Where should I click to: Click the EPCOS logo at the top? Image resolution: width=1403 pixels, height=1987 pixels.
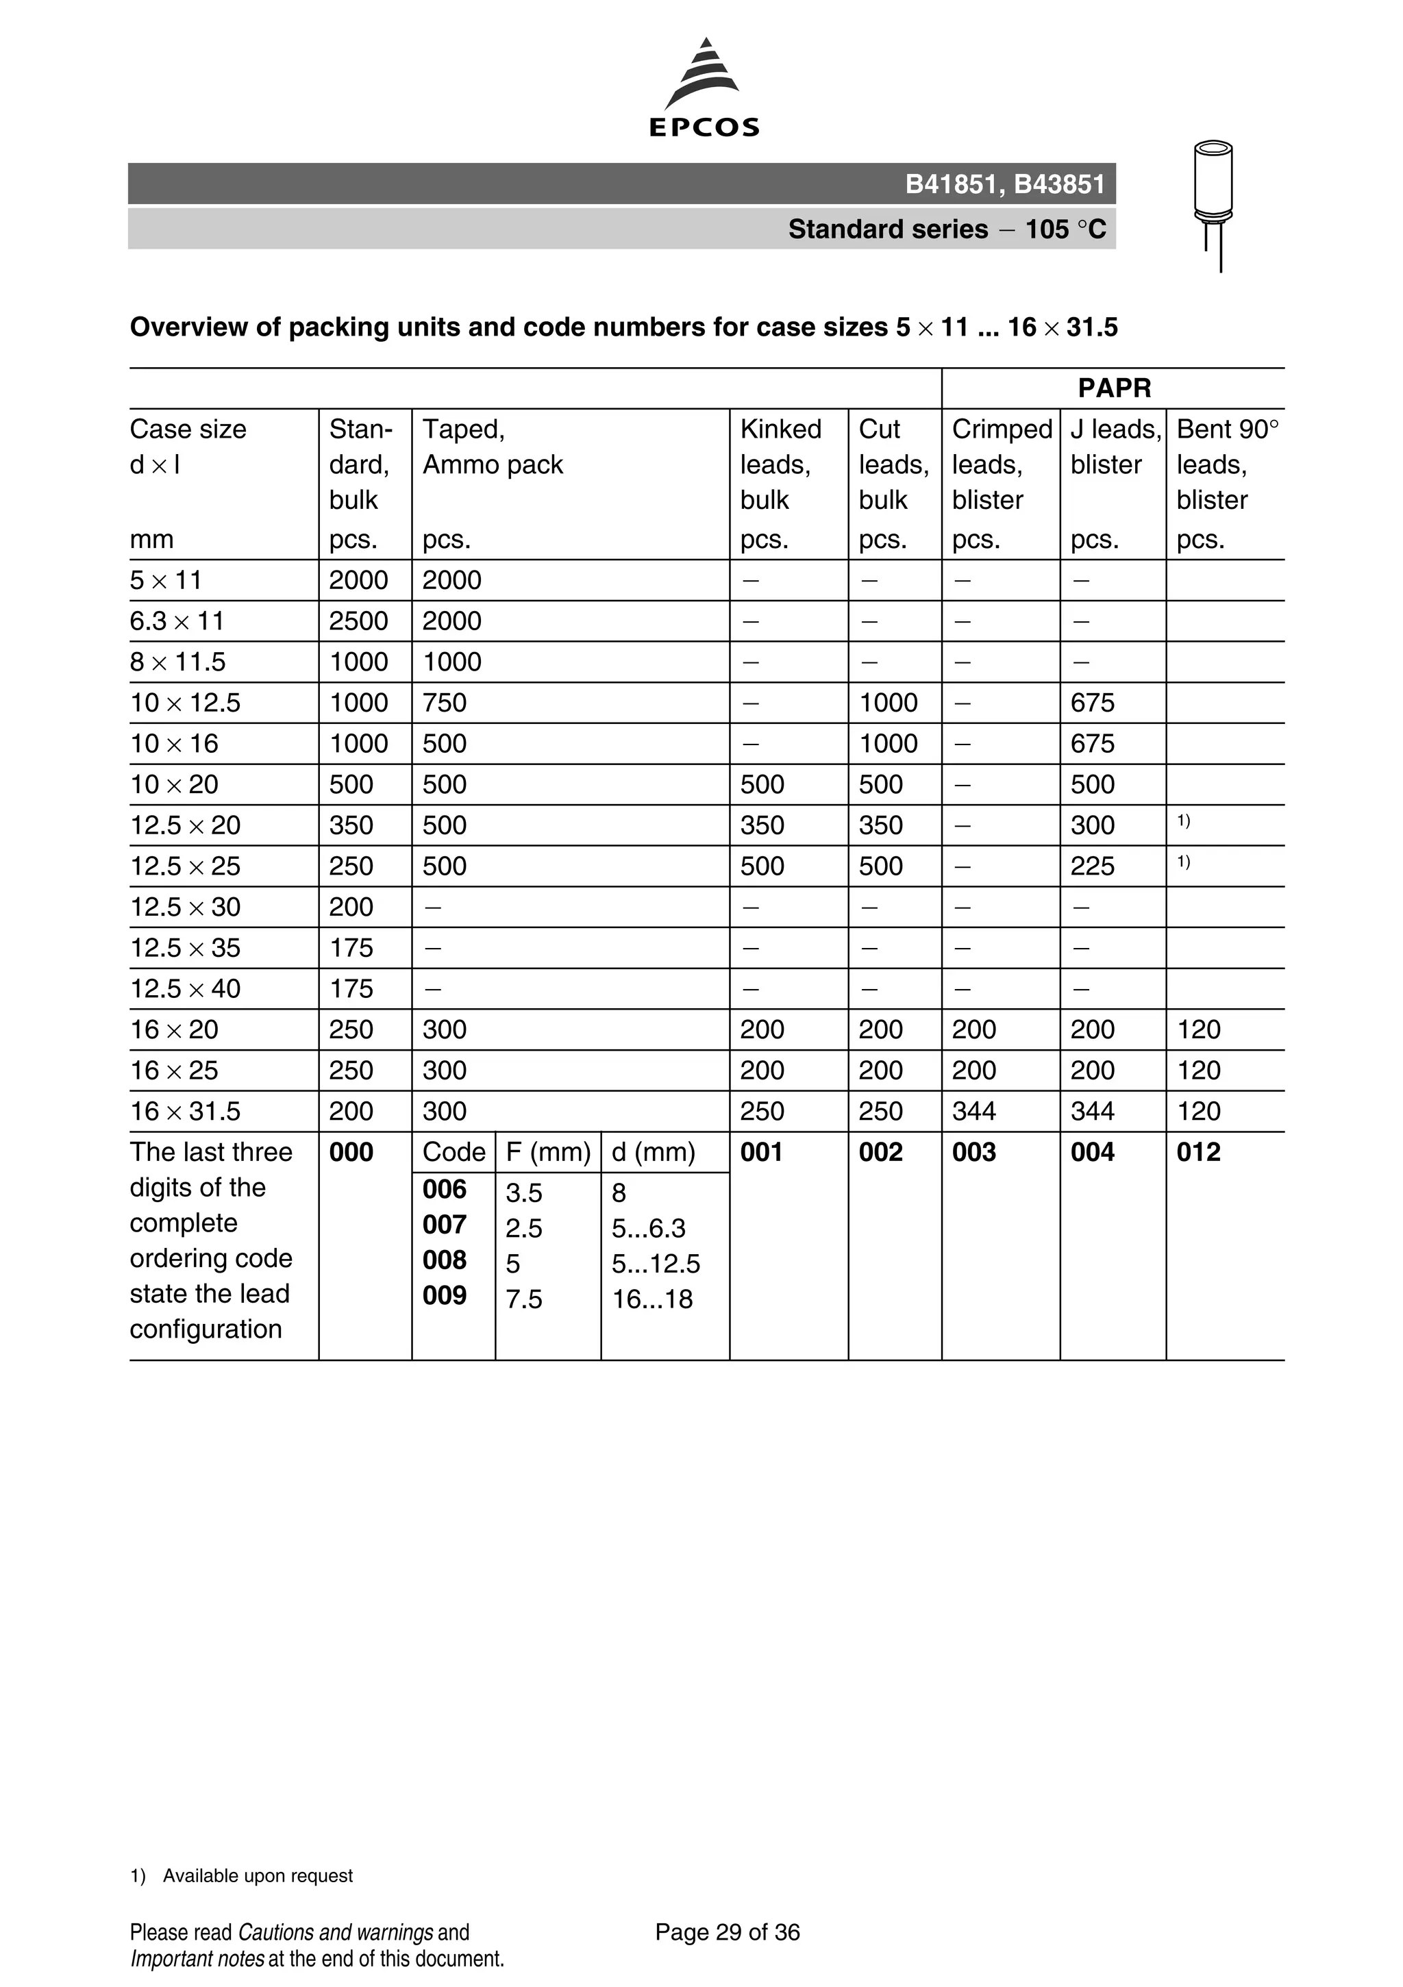click(704, 89)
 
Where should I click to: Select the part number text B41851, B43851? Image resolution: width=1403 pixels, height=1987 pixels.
click(1005, 184)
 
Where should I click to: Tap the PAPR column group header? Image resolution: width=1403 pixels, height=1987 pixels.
click(1114, 388)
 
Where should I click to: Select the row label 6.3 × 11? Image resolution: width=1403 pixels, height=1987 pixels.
click(177, 621)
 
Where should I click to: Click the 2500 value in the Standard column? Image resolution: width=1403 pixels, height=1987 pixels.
click(358, 621)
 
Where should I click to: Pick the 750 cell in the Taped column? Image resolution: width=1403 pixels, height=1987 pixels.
click(444, 703)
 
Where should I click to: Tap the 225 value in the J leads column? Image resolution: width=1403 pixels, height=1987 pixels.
click(1092, 866)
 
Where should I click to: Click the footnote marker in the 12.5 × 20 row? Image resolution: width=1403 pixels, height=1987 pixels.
click(1183, 821)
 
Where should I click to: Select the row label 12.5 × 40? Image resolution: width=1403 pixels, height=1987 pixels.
click(185, 989)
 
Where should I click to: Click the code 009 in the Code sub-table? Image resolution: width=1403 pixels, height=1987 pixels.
click(444, 1295)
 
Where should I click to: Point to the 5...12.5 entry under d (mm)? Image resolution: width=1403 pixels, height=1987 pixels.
click(655, 1264)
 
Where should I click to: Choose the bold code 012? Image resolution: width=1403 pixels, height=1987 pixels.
click(1198, 1153)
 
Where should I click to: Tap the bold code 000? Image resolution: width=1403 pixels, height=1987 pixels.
click(351, 1153)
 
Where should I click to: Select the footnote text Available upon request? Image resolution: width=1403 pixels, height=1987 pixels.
click(257, 1875)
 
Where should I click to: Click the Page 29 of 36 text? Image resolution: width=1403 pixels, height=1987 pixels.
click(727, 1932)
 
